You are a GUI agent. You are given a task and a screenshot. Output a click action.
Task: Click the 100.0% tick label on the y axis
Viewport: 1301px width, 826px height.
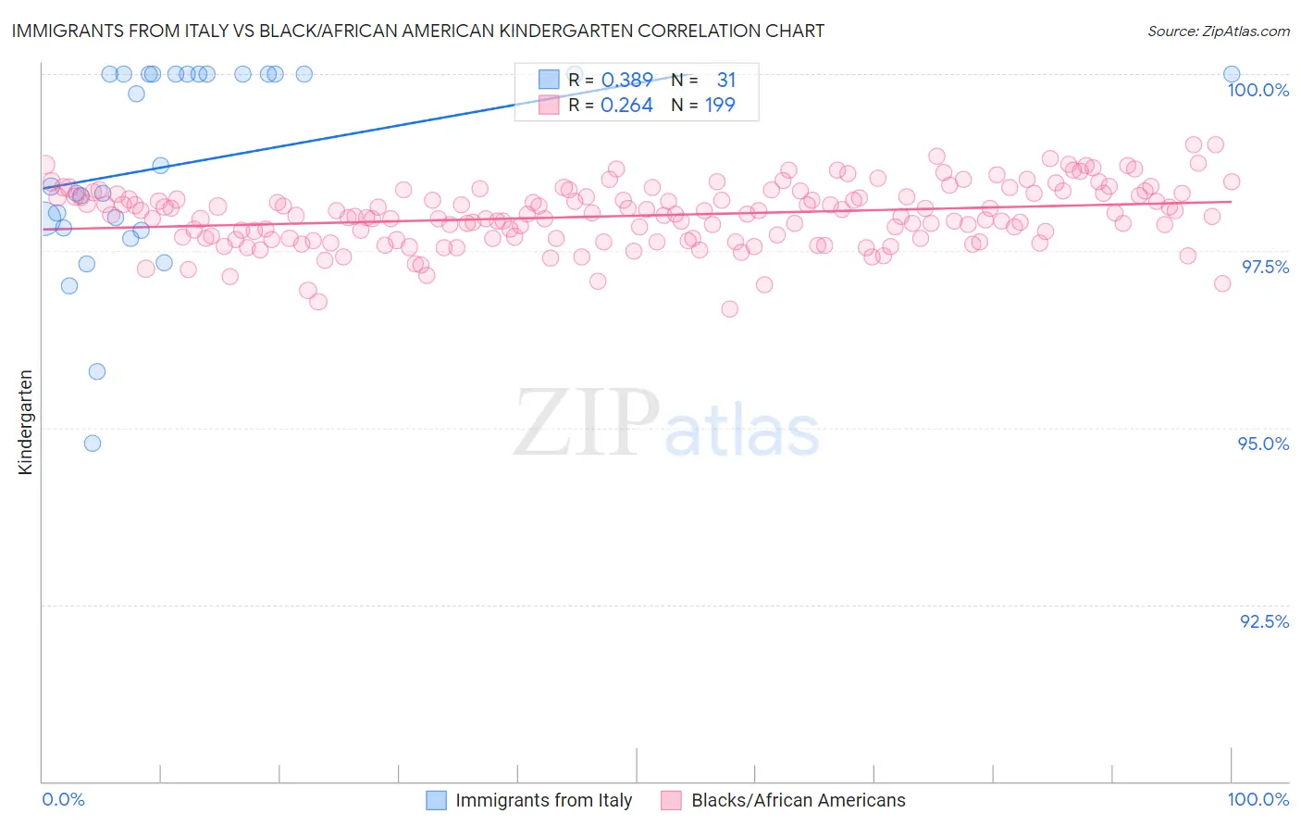1258,90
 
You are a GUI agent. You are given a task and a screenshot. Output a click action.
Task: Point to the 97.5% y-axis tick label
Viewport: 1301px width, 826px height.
1265,267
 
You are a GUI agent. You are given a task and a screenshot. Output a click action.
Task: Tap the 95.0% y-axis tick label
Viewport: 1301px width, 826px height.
1263,444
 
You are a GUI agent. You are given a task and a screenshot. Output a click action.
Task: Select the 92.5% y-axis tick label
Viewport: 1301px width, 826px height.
1264,621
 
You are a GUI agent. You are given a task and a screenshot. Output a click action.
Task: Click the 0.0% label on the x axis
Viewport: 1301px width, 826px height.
63,799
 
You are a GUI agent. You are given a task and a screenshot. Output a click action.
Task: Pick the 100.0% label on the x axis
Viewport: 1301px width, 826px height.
1258,799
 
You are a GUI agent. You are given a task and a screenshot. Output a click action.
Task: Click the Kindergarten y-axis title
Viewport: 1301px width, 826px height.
25,422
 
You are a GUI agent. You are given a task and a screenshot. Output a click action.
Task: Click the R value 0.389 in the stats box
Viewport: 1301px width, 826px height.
626,80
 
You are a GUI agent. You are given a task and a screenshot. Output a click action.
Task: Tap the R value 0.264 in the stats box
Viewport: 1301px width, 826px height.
626,106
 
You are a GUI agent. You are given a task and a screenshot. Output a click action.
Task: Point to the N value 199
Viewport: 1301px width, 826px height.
720,106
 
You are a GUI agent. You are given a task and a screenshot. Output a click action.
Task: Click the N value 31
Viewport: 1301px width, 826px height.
725,80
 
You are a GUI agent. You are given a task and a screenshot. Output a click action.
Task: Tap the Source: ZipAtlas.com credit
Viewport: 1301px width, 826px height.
1218,31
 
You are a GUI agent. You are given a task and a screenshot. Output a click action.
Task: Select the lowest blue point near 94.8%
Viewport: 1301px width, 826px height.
93,444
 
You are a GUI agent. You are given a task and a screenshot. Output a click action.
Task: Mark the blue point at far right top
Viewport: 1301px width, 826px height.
1232,74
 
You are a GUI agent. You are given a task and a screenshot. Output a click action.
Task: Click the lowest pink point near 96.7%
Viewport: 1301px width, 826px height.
729,309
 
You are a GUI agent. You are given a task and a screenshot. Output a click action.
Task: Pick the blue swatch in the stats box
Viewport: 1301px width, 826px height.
549,80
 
